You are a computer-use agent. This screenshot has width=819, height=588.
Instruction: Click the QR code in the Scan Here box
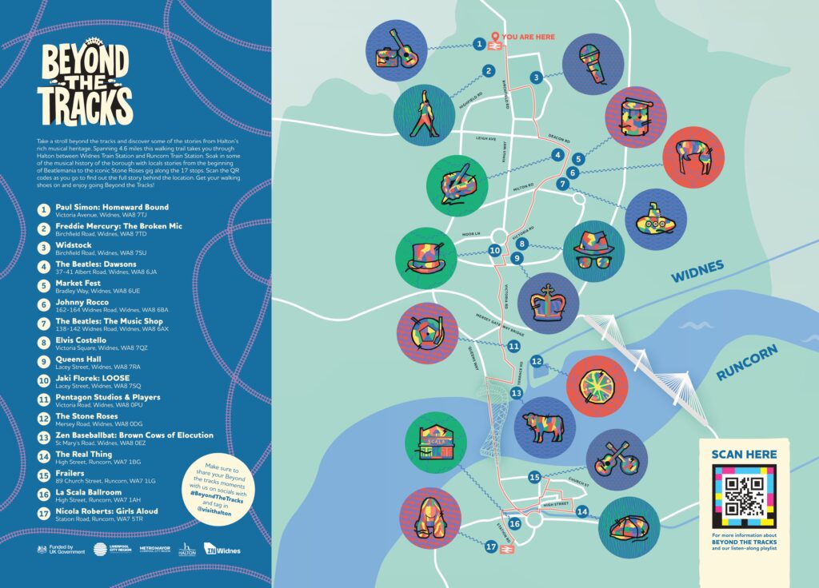point(744,496)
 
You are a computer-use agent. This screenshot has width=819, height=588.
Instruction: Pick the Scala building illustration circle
point(435,443)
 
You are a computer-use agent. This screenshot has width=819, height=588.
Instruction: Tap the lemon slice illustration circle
point(596,386)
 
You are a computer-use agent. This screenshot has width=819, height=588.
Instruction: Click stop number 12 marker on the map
point(537,362)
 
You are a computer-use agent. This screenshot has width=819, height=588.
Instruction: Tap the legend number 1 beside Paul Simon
point(43,210)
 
